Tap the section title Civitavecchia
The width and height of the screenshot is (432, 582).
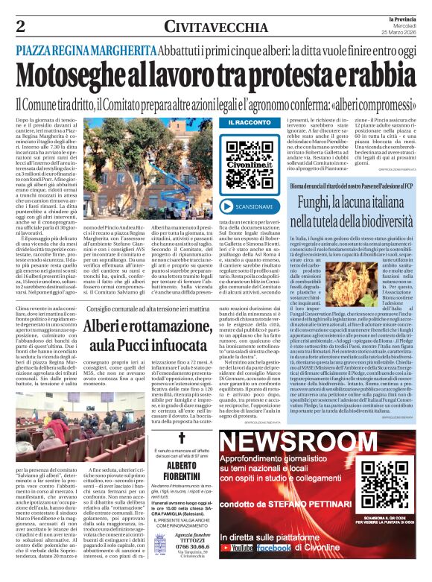[x=191, y=27]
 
